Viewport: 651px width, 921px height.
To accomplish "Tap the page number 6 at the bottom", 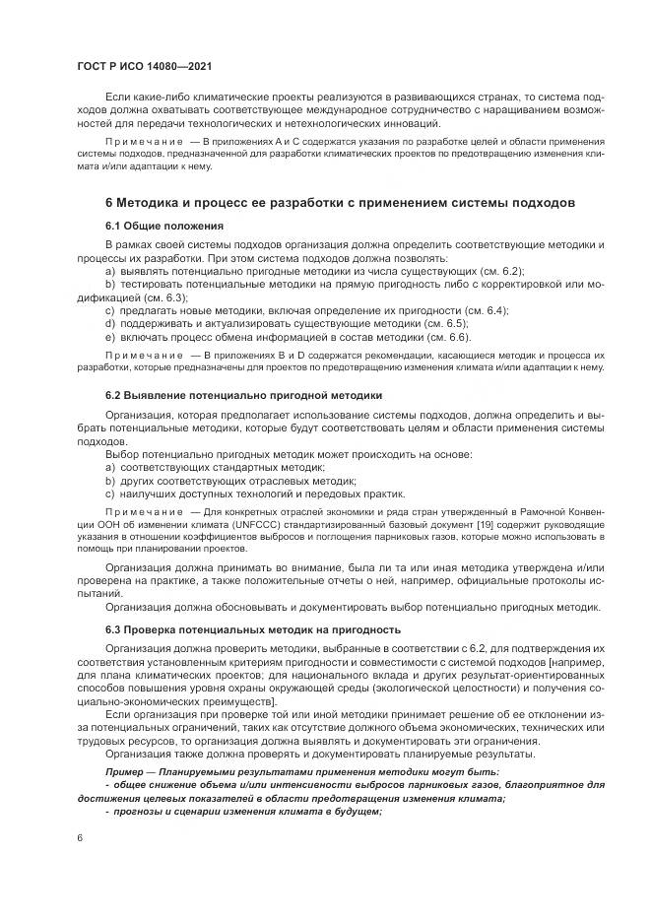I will click(x=80, y=836).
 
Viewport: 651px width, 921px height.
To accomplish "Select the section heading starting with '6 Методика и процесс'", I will click(x=340, y=203).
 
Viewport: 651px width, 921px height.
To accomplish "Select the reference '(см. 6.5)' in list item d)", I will click(x=443, y=324).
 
